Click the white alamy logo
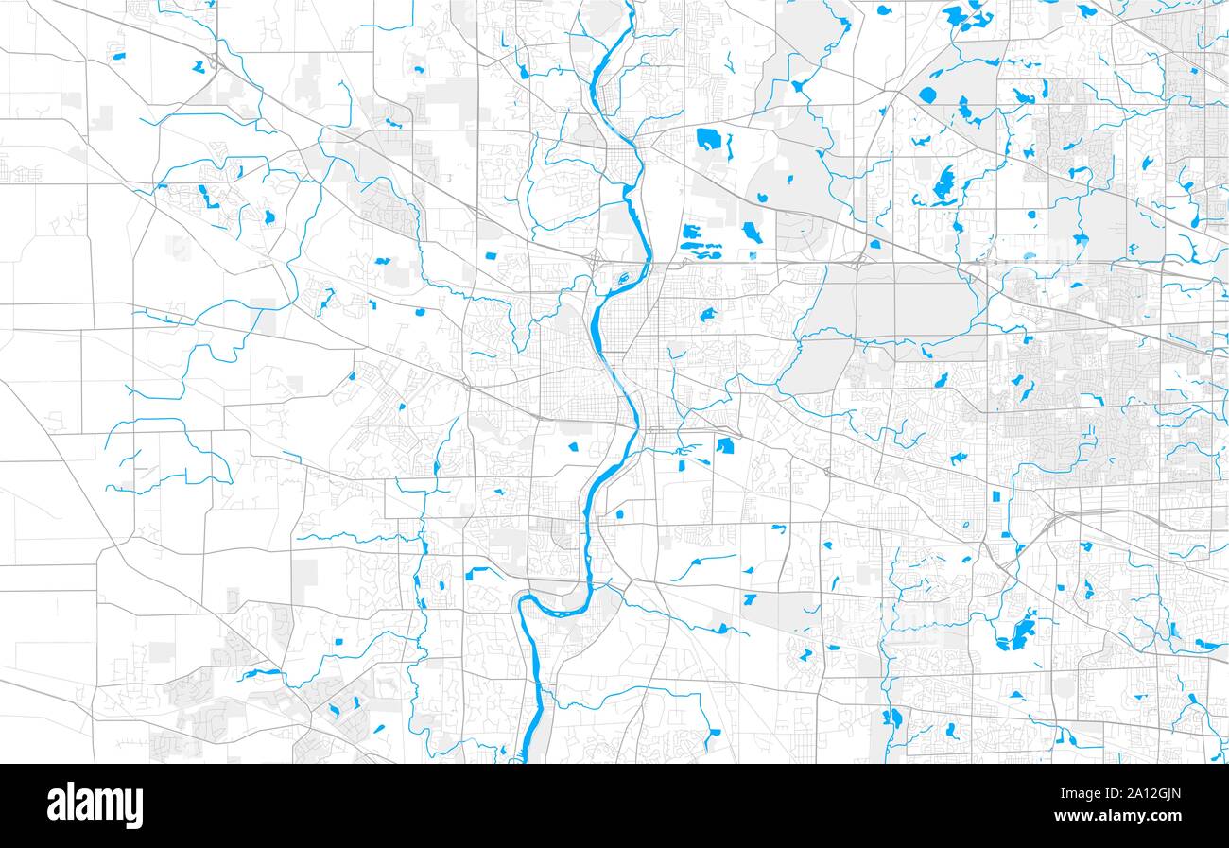(95, 805)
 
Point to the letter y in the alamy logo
(134, 809)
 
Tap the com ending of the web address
(1166, 816)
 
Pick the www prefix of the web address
(1069, 816)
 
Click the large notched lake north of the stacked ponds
(709, 140)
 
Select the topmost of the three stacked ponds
(691, 232)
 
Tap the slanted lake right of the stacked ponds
(752, 232)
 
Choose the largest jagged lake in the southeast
(1019, 632)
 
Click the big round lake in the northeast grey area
(926, 95)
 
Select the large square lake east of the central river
(725, 445)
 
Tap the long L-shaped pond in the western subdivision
(205, 196)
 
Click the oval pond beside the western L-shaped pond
(269, 217)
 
